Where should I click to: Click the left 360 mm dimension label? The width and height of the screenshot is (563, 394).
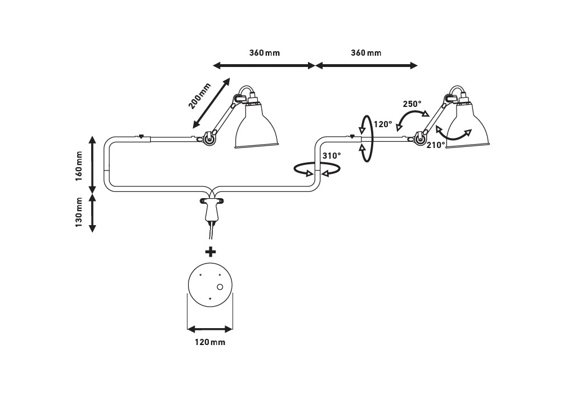click(x=264, y=53)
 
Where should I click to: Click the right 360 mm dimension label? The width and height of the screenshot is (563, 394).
click(x=365, y=53)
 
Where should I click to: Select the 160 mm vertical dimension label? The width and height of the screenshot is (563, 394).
click(x=79, y=164)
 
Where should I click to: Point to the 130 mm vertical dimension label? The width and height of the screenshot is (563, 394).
click(x=79, y=213)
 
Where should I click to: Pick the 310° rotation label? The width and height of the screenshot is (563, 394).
click(x=331, y=155)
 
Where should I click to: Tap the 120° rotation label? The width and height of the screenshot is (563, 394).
click(x=383, y=124)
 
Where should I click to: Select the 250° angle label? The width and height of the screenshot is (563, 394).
click(x=412, y=104)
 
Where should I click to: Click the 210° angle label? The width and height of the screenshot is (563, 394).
click(x=436, y=145)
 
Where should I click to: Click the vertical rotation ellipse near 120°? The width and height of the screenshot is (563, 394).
click(x=367, y=138)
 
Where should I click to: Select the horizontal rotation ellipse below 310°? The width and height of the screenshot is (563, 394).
click(x=318, y=168)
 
